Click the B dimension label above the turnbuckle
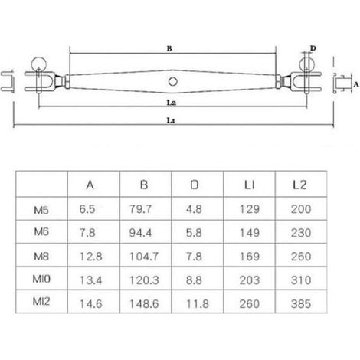(x=169, y=48)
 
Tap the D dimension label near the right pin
(x=313, y=48)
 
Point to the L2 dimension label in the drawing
(x=172, y=103)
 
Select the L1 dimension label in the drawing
(x=171, y=120)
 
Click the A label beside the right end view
(x=356, y=84)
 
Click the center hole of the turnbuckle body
(x=173, y=82)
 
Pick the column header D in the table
(x=195, y=185)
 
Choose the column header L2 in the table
(x=299, y=185)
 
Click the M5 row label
(x=41, y=210)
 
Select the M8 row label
(x=41, y=256)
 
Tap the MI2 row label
(x=41, y=301)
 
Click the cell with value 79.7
(x=140, y=209)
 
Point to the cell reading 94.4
(x=140, y=233)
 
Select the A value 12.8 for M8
(x=91, y=257)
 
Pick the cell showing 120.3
(x=144, y=280)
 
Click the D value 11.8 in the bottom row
(x=198, y=304)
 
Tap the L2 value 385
(x=301, y=304)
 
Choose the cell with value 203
(x=250, y=280)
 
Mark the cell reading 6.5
(x=87, y=209)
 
